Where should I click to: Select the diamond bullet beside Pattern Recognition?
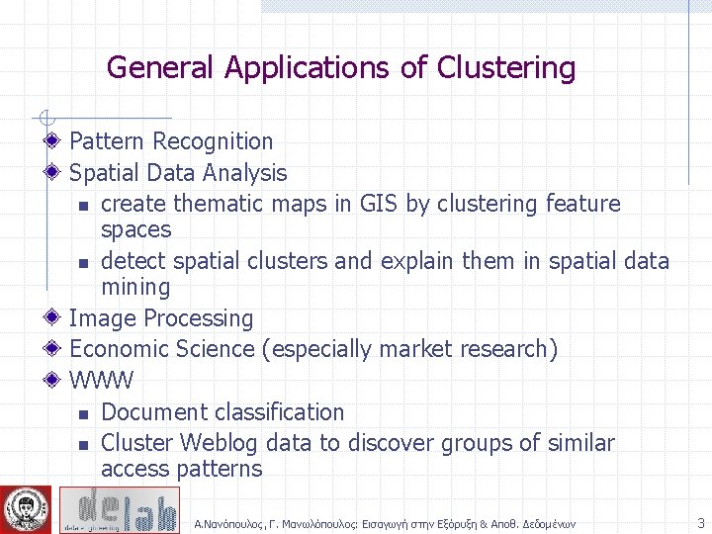[55, 141]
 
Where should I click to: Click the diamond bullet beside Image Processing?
[55, 318]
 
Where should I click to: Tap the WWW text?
[101, 381]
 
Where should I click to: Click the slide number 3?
[700, 523]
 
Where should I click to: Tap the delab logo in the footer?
[119, 509]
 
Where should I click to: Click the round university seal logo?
[27, 509]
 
